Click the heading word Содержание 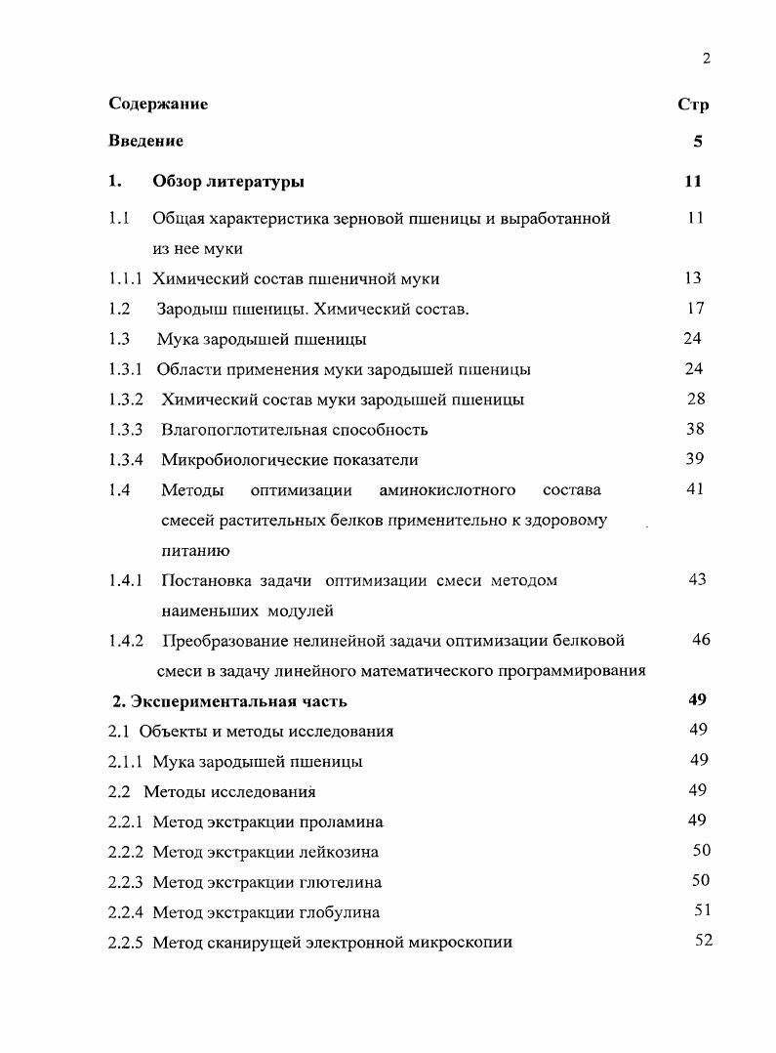(158, 104)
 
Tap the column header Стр (692, 105)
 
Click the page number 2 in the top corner (706, 59)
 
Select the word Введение (145, 142)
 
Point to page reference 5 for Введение (697, 142)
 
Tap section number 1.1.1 (126, 279)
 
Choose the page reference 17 (694, 309)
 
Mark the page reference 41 (694, 489)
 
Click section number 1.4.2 (126, 642)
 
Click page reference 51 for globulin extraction (702, 911)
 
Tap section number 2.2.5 (126, 943)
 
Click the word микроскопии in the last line (465, 943)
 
